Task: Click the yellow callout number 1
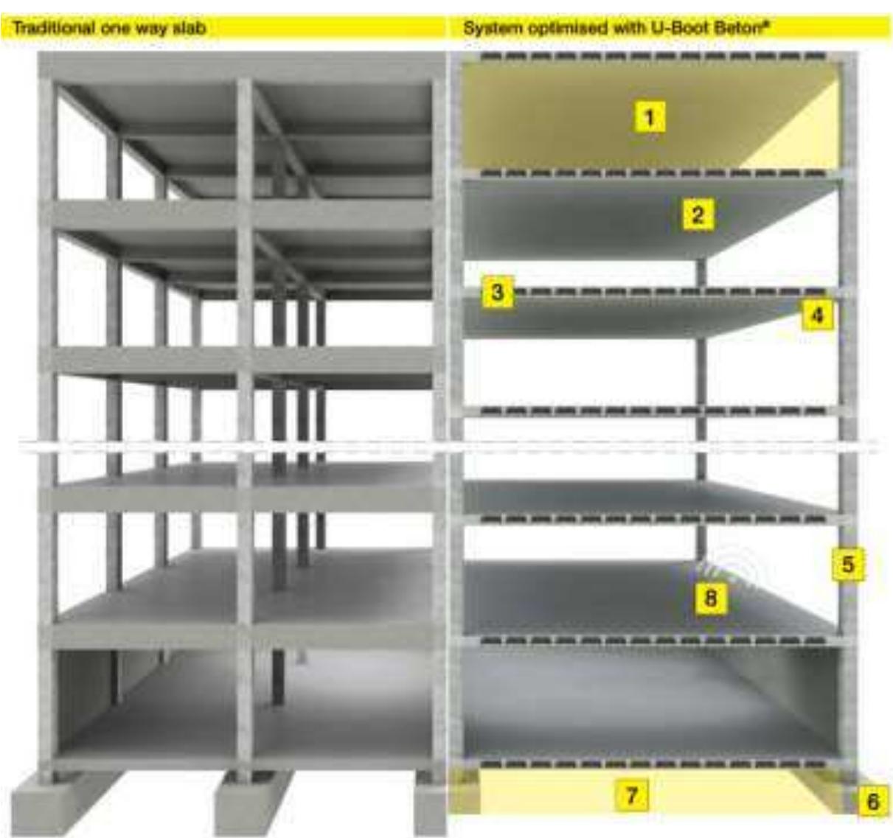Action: pos(649,118)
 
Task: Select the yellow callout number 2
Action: pos(698,215)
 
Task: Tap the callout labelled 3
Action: pos(497,292)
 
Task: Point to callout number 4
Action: pos(818,315)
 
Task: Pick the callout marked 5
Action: pos(847,564)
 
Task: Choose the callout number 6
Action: pos(872,802)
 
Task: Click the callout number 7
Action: pos(632,796)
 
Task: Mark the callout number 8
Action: pos(710,598)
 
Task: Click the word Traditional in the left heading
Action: pos(53,28)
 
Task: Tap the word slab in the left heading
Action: pos(190,28)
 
